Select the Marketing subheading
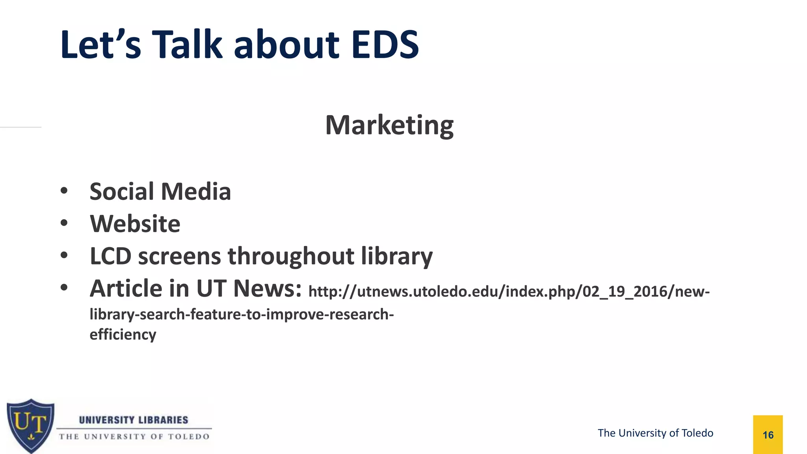[389, 125]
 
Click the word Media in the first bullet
[196, 192]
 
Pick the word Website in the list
[135, 224]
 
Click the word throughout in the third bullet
[291, 257]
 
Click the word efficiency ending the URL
[123, 335]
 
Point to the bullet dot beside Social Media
[64, 191]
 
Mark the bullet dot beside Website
[64, 223]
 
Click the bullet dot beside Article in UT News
[64, 288]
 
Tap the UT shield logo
[30, 425]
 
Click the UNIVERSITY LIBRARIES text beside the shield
[134, 420]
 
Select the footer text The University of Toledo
[655, 433]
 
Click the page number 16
[768, 435]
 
